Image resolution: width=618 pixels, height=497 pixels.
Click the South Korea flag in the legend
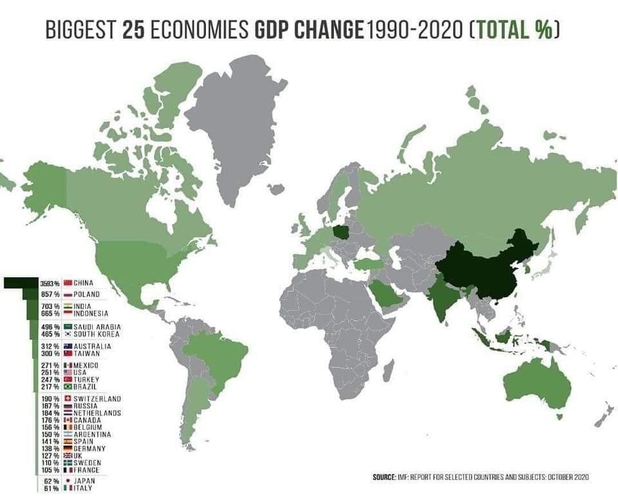[68, 334]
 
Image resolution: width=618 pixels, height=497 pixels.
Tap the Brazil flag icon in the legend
[68, 387]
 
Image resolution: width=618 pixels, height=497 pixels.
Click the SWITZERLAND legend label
[97, 399]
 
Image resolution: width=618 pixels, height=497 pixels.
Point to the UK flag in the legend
[68, 456]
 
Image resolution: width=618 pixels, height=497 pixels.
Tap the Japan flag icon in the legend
[68, 481]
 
